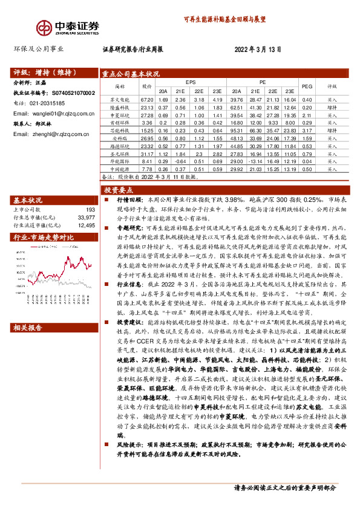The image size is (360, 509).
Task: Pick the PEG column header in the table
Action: (x=307, y=86)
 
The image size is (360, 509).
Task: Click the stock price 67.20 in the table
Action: (x=147, y=99)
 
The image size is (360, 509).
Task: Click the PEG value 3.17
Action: (x=307, y=130)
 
